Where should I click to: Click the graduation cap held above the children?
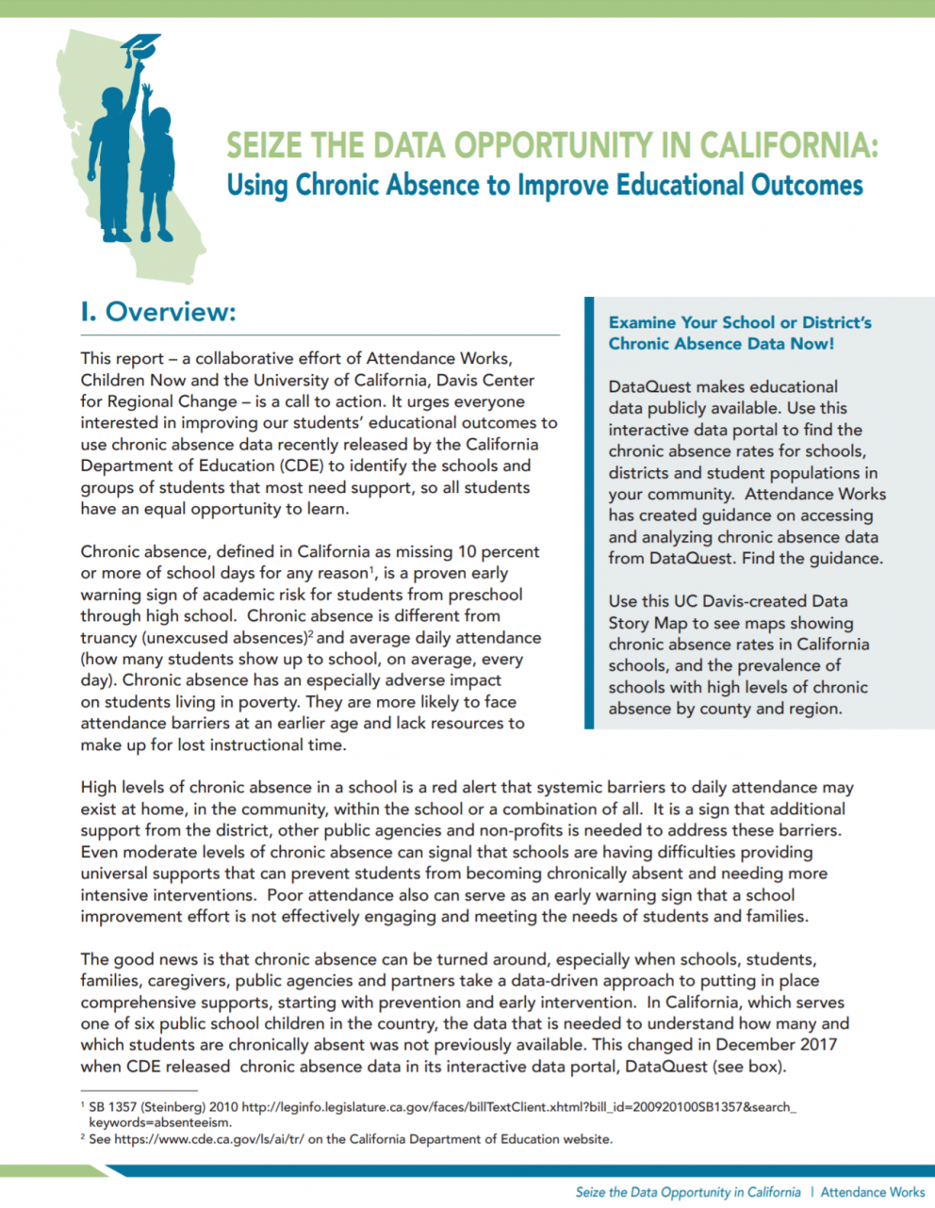(141, 46)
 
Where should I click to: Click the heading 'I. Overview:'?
(157, 312)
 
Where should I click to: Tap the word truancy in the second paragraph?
(107, 638)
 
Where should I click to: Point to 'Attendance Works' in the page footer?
(872, 1192)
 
